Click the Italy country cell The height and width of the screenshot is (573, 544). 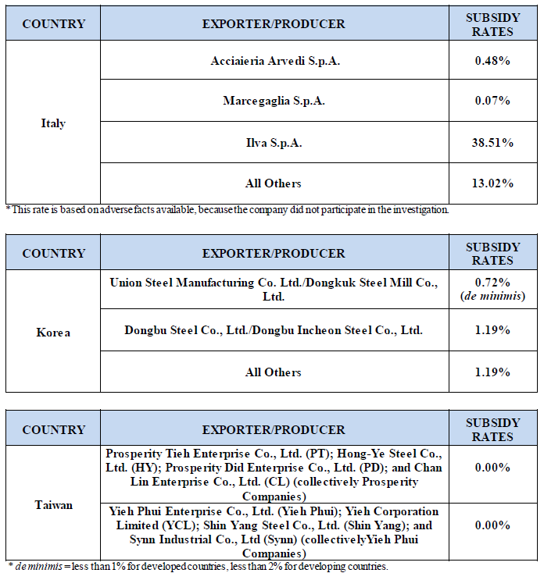53,123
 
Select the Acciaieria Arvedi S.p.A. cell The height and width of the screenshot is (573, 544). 274,61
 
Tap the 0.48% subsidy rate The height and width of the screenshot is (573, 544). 493,61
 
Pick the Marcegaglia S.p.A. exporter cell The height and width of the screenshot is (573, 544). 274,101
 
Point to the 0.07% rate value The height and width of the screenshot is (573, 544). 493,101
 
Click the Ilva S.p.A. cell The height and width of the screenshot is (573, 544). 274,143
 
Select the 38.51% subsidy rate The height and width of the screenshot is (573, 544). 493,143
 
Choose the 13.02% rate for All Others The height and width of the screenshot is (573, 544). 493,183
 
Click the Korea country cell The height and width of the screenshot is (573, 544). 53,333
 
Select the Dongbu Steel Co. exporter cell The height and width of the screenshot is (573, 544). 274,330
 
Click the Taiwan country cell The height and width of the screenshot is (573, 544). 53,504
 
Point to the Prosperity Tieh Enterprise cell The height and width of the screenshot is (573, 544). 274,475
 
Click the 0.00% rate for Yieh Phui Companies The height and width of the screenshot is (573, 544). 493,525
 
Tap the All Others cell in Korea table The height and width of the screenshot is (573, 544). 274,372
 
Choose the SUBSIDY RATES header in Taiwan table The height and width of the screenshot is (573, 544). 493,429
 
